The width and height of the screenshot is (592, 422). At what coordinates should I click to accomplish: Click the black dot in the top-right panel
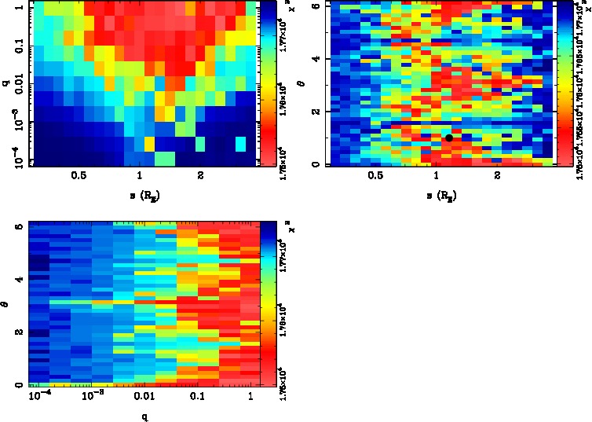point(449,138)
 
